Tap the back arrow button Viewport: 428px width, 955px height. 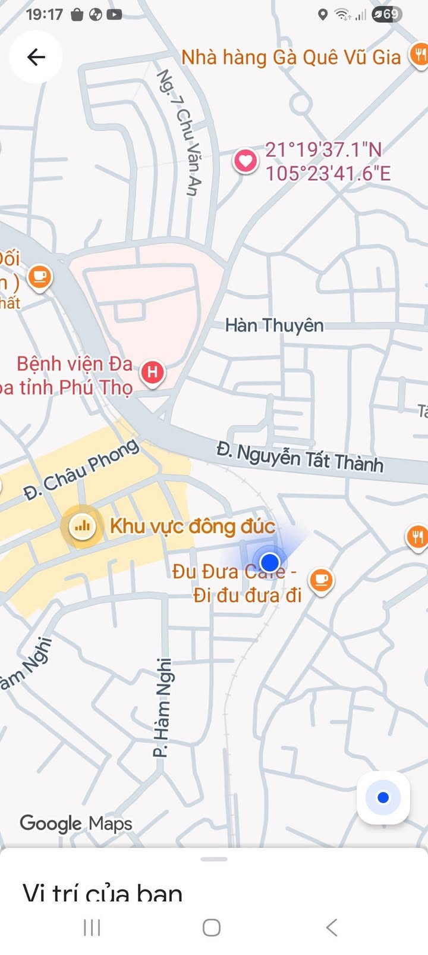pyautogui.click(x=36, y=57)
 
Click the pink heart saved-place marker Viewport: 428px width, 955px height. pyautogui.click(x=245, y=160)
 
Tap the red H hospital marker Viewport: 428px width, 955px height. pyautogui.click(x=152, y=372)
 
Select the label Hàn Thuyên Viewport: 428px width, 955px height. pyautogui.click(x=275, y=325)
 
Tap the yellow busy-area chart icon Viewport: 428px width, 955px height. pyautogui.click(x=82, y=526)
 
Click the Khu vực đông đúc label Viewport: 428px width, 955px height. pyautogui.click(x=193, y=527)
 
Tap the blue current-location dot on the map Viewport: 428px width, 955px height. pyautogui.click(x=270, y=562)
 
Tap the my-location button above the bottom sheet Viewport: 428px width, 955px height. pyautogui.click(x=383, y=797)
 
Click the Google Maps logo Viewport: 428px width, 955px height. pyautogui.click(x=76, y=824)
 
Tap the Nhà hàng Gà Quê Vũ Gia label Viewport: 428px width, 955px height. pyautogui.click(x=291, y=58)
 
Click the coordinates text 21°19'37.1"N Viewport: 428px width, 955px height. pyautogui.click(x=323, y=149)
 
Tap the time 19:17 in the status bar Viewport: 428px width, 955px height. pyautogui.click(x=44, y=14)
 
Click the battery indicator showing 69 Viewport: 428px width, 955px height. pyautogui.click(x=387, y=14)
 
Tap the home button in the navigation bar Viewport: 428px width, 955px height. pyautogui.click(x=212, y=927)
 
